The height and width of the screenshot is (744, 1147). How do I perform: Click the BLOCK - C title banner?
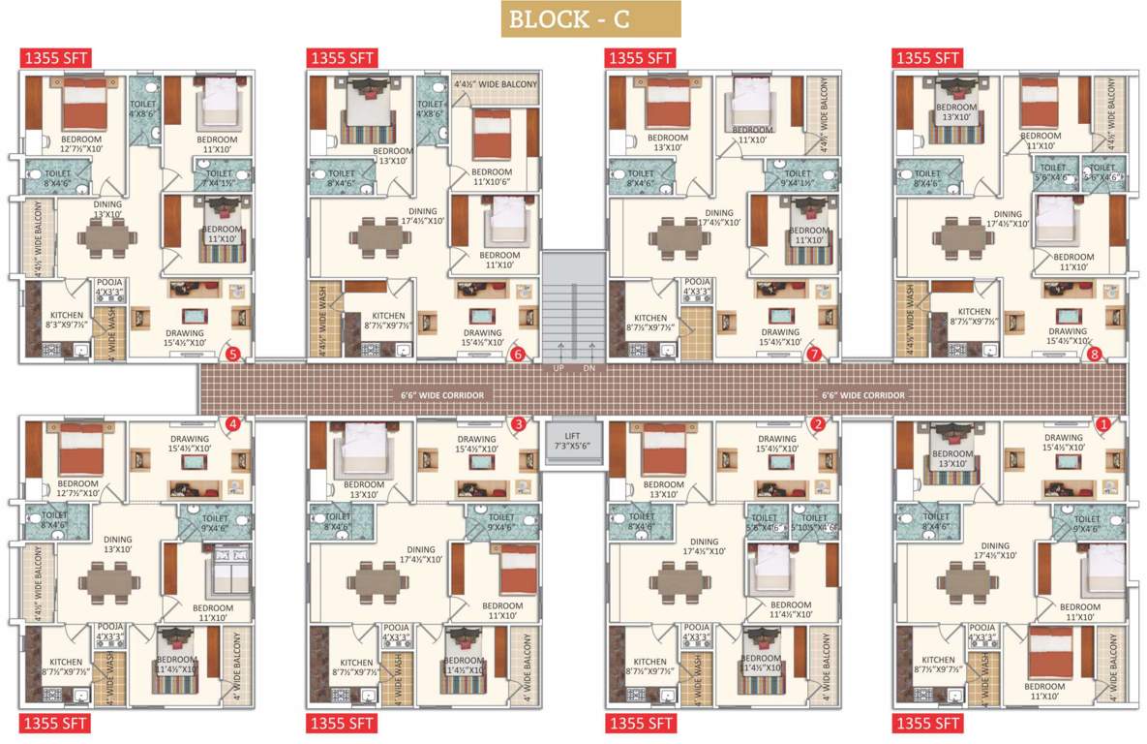click(x=590, y=19)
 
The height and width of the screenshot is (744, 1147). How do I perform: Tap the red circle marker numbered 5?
click(x=232, y=355)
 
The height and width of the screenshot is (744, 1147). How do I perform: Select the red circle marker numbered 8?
click(x=1095, y=355)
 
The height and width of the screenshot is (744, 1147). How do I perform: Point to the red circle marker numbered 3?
click(x=520, y=423)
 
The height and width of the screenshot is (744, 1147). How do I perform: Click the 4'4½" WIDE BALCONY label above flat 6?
click(x=496, y=85)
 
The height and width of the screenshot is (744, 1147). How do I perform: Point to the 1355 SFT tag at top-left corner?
click(x=55, y=58)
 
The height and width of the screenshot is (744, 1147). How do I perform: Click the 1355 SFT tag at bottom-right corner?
click(x=927, y=723)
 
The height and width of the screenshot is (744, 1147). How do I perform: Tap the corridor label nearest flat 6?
click(x=442, y=395)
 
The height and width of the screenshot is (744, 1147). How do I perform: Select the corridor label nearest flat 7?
click(x=863, y=395)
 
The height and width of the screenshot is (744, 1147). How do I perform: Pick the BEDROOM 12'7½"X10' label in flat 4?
click(x=77, y=487)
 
